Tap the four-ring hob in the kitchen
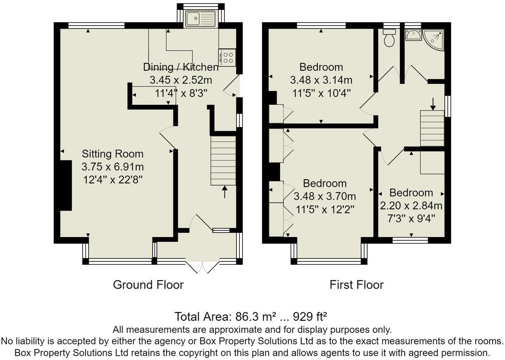pyautogui.click(x=227, y=57)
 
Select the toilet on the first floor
pyautogui.click(x=389, y=38)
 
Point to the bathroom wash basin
pyautogui.click(x=412, y=36)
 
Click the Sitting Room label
pyautogui.click(x=113, y=154)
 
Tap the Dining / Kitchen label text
pyautogui.click(x=181, y=67)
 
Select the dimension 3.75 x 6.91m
pyautogui.click(x=113, y=167)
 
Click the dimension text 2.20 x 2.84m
pyautogui.click(x=411, y=206)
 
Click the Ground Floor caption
pyautogui.click(x=148, y=284)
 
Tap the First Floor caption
pyautogui.click(x=356, y=284)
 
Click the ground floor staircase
pyautogui.click(x=223, y=161)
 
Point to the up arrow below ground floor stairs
pyautogui.click(x=224, y=192)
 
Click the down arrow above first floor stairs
pyautogui.click(x=433, y=104)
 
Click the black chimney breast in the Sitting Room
pyautogui.click(x=66, y=186)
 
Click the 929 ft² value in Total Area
pyautogui.click(x=310, y=317)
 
